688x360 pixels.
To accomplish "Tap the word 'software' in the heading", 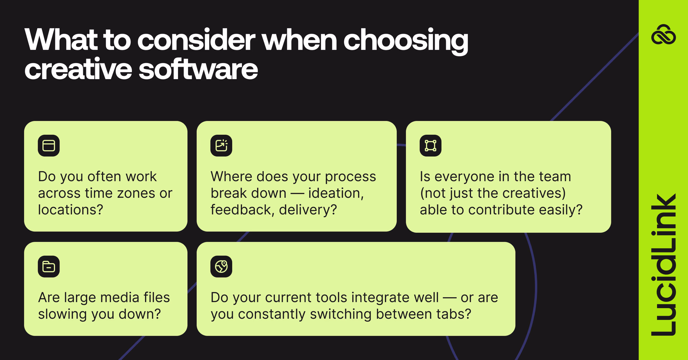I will pyautogui.click(x=198, y=69).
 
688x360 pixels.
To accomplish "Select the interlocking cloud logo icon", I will pyautogui.click(x=663, y=35).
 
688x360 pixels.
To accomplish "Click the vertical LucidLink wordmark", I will pyautogui.click(x=663, y=265).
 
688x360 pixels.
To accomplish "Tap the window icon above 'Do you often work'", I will pyautogui.click(x=49, y=146).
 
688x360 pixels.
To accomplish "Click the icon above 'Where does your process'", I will pyautogui.click(x=221, y=146).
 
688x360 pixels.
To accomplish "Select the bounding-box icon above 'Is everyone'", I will pyautogui.click(x=430, y=146).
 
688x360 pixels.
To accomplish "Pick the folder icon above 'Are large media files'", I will pyautogui.click(x=49, y=267).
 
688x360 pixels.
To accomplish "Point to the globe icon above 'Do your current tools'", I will pyautogui.click(x=221, y=267).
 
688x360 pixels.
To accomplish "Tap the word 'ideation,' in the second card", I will pyautogui.click(x=336, y=193).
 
